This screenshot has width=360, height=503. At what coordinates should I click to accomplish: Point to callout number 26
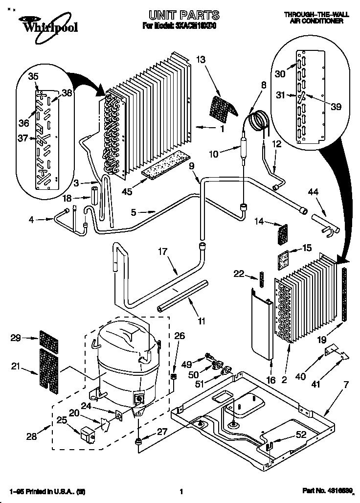180,335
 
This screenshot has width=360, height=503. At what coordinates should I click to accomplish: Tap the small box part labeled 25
88,434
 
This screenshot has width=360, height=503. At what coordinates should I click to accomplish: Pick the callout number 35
33,76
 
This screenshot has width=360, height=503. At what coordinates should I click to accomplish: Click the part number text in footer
324,491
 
